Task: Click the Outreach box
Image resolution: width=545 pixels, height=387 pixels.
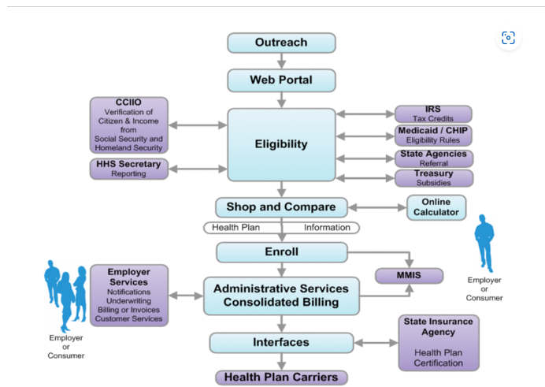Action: pyautogui.click(x=281, y=43)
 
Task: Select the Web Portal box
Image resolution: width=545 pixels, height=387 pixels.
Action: pyautogui.click(x=281, y=80)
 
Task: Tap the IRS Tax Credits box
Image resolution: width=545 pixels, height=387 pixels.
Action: pyautogui.click(x=433, y=114)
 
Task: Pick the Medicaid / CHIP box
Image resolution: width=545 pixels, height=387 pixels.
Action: pyautogui.click(x=433, y=136)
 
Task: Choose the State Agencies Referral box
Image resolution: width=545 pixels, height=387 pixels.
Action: pyautogui.click(x=434, y=158)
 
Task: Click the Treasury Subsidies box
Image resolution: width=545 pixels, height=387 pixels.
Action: pyautogui.click(x=434, y=178)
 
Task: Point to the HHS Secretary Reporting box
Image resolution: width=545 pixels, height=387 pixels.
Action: pyautogui.click(x=129, y=169)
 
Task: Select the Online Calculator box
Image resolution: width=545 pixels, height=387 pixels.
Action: pyautogui.click(x=436, y=207)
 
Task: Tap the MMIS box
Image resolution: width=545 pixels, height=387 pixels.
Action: pyautogui.click(x=409, y=275)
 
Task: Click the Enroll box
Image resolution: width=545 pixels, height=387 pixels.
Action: pyautogui.click(x=282, y=252)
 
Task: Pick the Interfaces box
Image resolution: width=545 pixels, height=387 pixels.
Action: pyautogui.click(x=281, y=343)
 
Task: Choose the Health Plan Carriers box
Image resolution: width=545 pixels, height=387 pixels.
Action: pyautogui.click(x=281, y=378)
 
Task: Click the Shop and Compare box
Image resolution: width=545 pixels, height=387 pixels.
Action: pyautogui.click(x=281, y=207)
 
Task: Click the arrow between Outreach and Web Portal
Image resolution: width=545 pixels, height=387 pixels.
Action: pyautogui.click(x=281, y=61)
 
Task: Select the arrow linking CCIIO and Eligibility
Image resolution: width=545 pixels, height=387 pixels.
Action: pyautogui.click(x=198, y=125)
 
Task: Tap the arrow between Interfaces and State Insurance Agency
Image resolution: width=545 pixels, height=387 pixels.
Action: pyautogui.click(x=376, y=343)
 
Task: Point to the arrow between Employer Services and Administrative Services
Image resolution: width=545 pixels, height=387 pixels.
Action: pyautogui.click(x=186, y=296)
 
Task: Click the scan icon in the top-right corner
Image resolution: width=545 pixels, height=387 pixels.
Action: pyautogui.click(x=508, y=38)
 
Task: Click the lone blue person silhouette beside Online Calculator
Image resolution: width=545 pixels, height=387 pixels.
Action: pyautogui.click(x=484, y=243)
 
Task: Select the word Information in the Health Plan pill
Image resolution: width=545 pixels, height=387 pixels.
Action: pyautogui.click(x=327, y=228)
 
